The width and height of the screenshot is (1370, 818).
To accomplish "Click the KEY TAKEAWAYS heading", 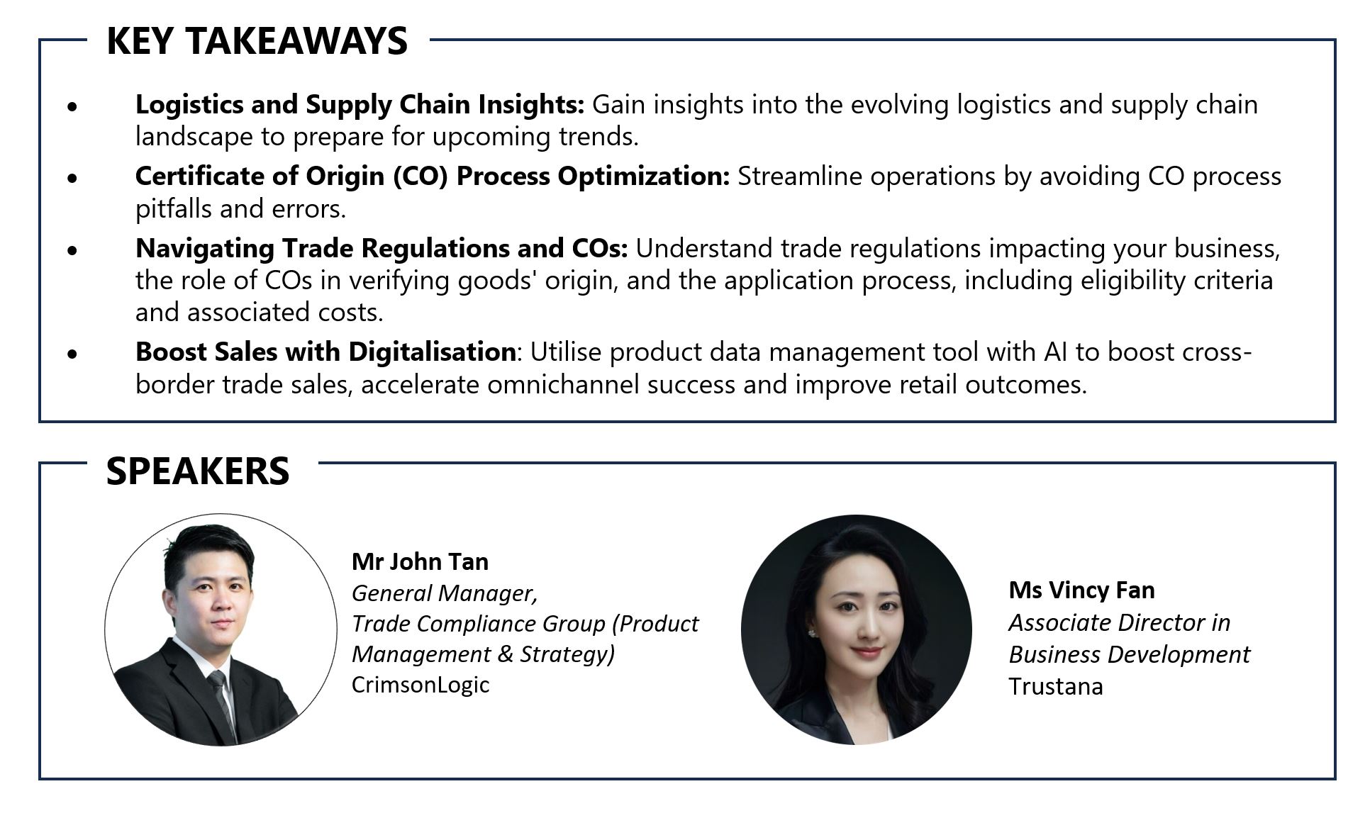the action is coord(257,40).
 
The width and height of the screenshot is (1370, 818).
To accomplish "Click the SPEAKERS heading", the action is coord(198,471).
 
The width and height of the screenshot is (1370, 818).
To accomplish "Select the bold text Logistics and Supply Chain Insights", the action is coord(360,105).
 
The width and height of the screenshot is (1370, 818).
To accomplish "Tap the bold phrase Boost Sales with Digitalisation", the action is coord(325,352).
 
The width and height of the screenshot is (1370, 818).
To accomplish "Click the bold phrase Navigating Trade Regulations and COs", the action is coord(382,249).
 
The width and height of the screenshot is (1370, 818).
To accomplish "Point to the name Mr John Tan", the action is coord(420,561).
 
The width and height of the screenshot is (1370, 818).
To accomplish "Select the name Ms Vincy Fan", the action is coord(1081,590).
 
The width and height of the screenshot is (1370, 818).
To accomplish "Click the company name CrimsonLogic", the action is coord(421,685).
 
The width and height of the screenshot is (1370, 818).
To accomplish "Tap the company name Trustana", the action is coord(1056,687).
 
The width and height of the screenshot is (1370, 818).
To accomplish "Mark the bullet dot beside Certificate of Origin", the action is coord(72,178).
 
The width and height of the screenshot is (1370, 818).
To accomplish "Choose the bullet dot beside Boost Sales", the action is coord(72,354).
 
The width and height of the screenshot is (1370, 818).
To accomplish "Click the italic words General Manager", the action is coord(445,593).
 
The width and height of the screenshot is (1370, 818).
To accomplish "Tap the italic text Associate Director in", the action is coord(1120,622).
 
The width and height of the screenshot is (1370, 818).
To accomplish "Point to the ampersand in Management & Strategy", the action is coord(504,654).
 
